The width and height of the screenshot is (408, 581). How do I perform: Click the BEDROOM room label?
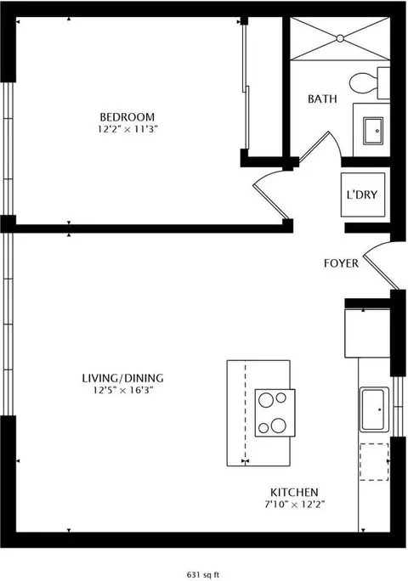127,117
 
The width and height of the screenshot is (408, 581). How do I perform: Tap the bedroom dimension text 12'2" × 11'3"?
128,129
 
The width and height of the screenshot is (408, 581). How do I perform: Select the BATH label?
322,99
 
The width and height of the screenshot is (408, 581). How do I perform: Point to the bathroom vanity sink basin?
373,131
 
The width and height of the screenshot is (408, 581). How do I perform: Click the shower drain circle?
340,38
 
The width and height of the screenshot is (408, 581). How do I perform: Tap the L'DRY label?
362,195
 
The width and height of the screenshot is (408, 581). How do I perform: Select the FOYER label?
341,263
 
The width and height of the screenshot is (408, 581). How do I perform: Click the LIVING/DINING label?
122,378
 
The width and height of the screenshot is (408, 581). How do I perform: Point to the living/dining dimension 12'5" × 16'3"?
123,390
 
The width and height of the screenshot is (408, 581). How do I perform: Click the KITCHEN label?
294,493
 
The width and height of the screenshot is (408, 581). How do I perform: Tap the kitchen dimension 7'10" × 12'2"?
295,505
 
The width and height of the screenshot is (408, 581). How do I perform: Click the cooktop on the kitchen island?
275,413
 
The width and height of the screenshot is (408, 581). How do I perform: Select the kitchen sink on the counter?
374,409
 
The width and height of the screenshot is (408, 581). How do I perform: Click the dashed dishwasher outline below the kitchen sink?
374,462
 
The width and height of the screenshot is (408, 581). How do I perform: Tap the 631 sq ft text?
203,575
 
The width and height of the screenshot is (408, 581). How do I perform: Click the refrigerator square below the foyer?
367,333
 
